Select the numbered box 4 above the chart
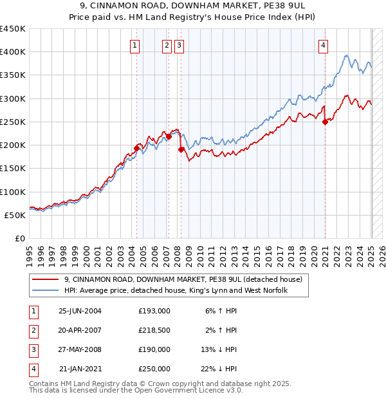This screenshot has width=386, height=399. (x=323, y=45)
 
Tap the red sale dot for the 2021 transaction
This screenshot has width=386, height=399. (x=325, y=122)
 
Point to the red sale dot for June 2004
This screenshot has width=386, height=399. (x=136, y=148)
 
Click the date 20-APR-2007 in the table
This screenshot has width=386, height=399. (x=80, y=330)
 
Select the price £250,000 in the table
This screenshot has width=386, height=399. (x=154, y=369)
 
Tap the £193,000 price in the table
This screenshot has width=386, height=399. (x=154, y=311)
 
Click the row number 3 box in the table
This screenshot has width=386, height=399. (x=33, y=349)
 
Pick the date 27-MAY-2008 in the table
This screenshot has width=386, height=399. (x=80, y=349)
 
